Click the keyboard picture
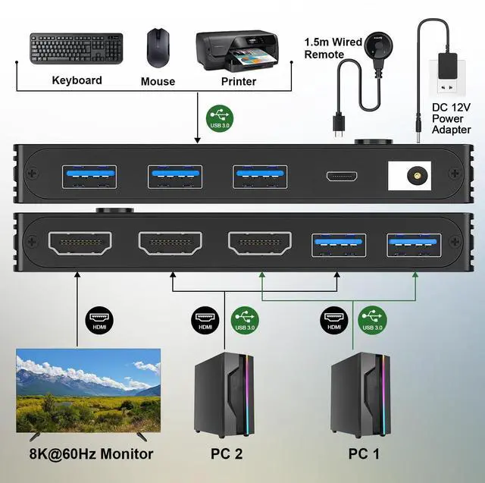76,50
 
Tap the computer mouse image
158,48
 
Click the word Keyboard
77,80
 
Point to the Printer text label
238,81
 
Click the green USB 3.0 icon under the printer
220,118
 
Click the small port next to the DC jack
342,177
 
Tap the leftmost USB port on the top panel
81,174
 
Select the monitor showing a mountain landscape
89,390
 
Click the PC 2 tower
225,395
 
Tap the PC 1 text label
362,454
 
